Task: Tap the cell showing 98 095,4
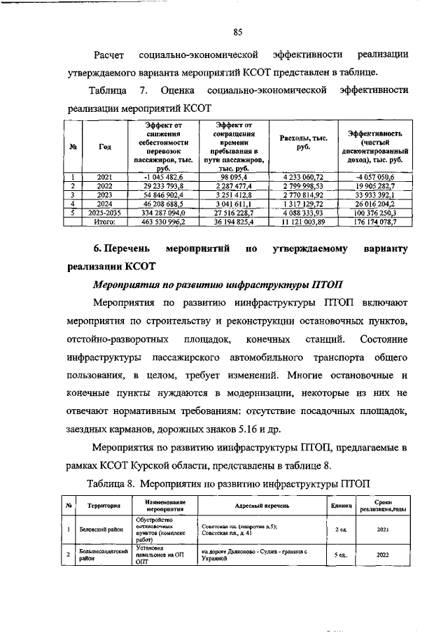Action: click(230, 177)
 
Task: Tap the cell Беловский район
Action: click(100, 530)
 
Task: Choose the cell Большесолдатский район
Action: click(100, 555)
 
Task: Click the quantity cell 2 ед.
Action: click(341, 530)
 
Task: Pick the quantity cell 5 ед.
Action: click(341, 555)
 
